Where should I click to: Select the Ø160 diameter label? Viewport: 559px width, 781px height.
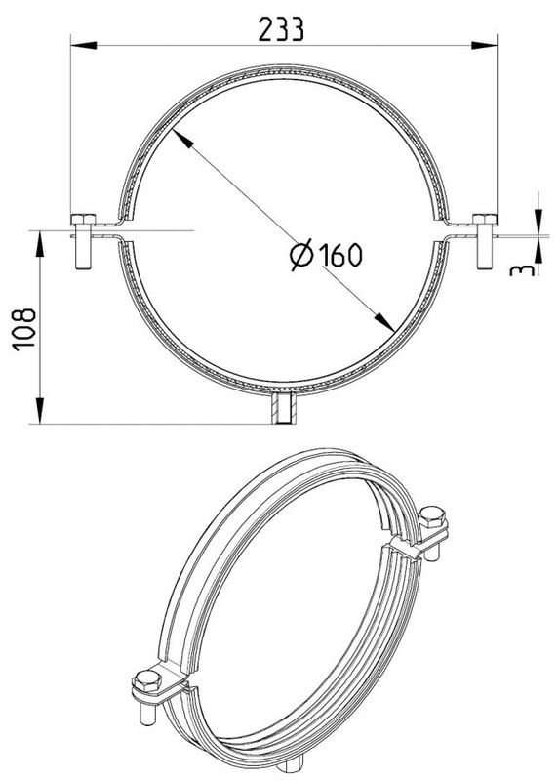326,255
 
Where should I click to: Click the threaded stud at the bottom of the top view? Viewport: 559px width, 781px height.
283,409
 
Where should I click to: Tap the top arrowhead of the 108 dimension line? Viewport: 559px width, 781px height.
40,240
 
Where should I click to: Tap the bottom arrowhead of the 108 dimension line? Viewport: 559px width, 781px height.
40,416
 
